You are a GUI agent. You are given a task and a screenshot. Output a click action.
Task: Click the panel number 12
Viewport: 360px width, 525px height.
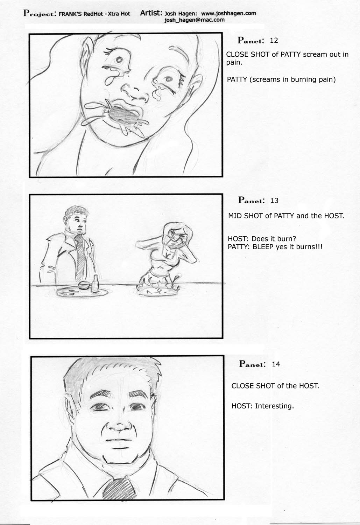click(274, 41)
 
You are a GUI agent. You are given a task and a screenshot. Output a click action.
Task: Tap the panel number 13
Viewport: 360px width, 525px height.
click(274, 201)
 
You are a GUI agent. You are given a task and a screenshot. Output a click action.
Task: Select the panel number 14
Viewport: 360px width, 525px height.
click(276, 364)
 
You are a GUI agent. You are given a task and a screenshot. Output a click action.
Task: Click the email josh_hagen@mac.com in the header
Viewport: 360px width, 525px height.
click(195, 20)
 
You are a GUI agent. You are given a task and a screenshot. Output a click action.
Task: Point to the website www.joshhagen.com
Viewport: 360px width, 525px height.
click(228, 13)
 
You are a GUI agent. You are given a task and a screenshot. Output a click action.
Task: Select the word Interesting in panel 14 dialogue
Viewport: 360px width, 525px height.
click(273, 406)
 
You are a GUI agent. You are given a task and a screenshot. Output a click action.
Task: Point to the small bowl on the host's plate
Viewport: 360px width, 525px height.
click(84, 285)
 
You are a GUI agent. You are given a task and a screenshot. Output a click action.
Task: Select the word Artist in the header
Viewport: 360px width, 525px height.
click(151, 13)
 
